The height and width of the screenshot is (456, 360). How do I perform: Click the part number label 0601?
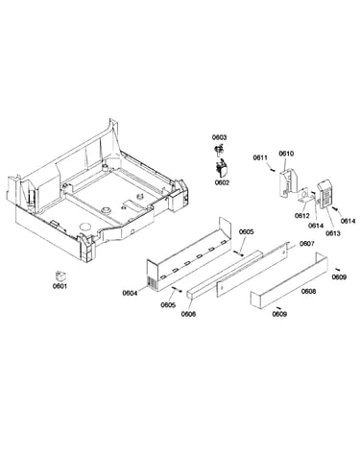tap(60, 286)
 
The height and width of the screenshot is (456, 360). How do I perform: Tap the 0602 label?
tap(222, 182)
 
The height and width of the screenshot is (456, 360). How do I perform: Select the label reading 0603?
tap(219, 137)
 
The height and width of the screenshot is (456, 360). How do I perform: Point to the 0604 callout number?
tap(130, 293)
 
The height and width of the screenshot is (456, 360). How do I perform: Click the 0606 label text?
tap(188, 314)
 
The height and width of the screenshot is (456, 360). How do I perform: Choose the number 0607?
tap(307, 244)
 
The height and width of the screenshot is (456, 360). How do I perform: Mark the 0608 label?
tap(309, 292)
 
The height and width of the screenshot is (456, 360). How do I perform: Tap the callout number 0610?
tap(286, 154)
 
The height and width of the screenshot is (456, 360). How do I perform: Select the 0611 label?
tap(261, 157)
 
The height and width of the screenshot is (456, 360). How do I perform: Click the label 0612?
tap(302, 216)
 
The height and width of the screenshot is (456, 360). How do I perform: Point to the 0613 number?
tap(333, 233)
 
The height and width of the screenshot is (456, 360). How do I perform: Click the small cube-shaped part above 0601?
tap(60, 276)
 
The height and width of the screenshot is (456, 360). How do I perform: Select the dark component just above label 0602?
tap(222, 169)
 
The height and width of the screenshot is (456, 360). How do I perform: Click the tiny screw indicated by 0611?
tap(272, 170)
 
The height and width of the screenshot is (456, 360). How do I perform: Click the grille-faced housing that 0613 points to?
tap(326, 194)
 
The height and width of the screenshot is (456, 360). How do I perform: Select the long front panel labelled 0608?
tap(289, 280)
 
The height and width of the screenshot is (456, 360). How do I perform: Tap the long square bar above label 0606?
tap(225, 275)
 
